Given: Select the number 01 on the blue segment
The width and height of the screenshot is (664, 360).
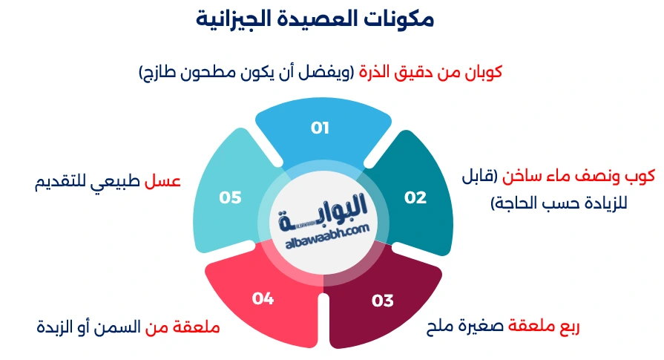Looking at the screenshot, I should click(320, 128).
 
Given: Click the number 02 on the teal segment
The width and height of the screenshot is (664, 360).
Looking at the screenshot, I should click(415, 197).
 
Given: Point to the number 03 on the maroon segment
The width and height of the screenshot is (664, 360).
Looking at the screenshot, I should click(383, 301).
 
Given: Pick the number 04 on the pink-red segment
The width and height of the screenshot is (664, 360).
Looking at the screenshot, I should click(263, 298).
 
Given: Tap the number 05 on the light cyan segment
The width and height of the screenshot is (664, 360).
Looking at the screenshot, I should click(231, 197).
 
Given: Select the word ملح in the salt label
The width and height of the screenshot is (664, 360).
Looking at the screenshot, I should click(441, 327).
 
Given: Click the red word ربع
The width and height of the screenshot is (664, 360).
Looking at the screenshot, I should click(565, 327).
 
